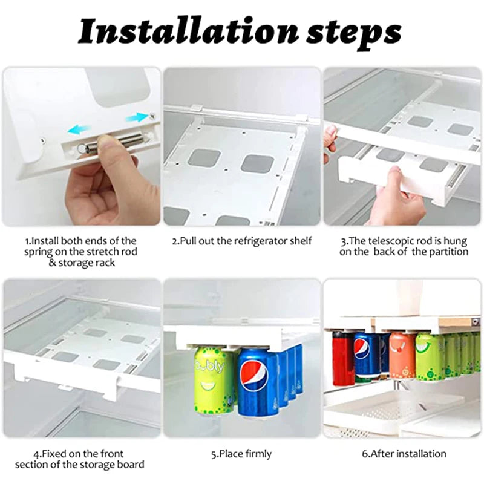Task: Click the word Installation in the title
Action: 188,31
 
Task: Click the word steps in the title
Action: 353,34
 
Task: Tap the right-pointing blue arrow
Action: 137,117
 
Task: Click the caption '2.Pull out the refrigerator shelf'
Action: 241,241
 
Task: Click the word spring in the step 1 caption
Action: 39,252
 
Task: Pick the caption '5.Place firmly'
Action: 241,454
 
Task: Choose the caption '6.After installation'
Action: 404,454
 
